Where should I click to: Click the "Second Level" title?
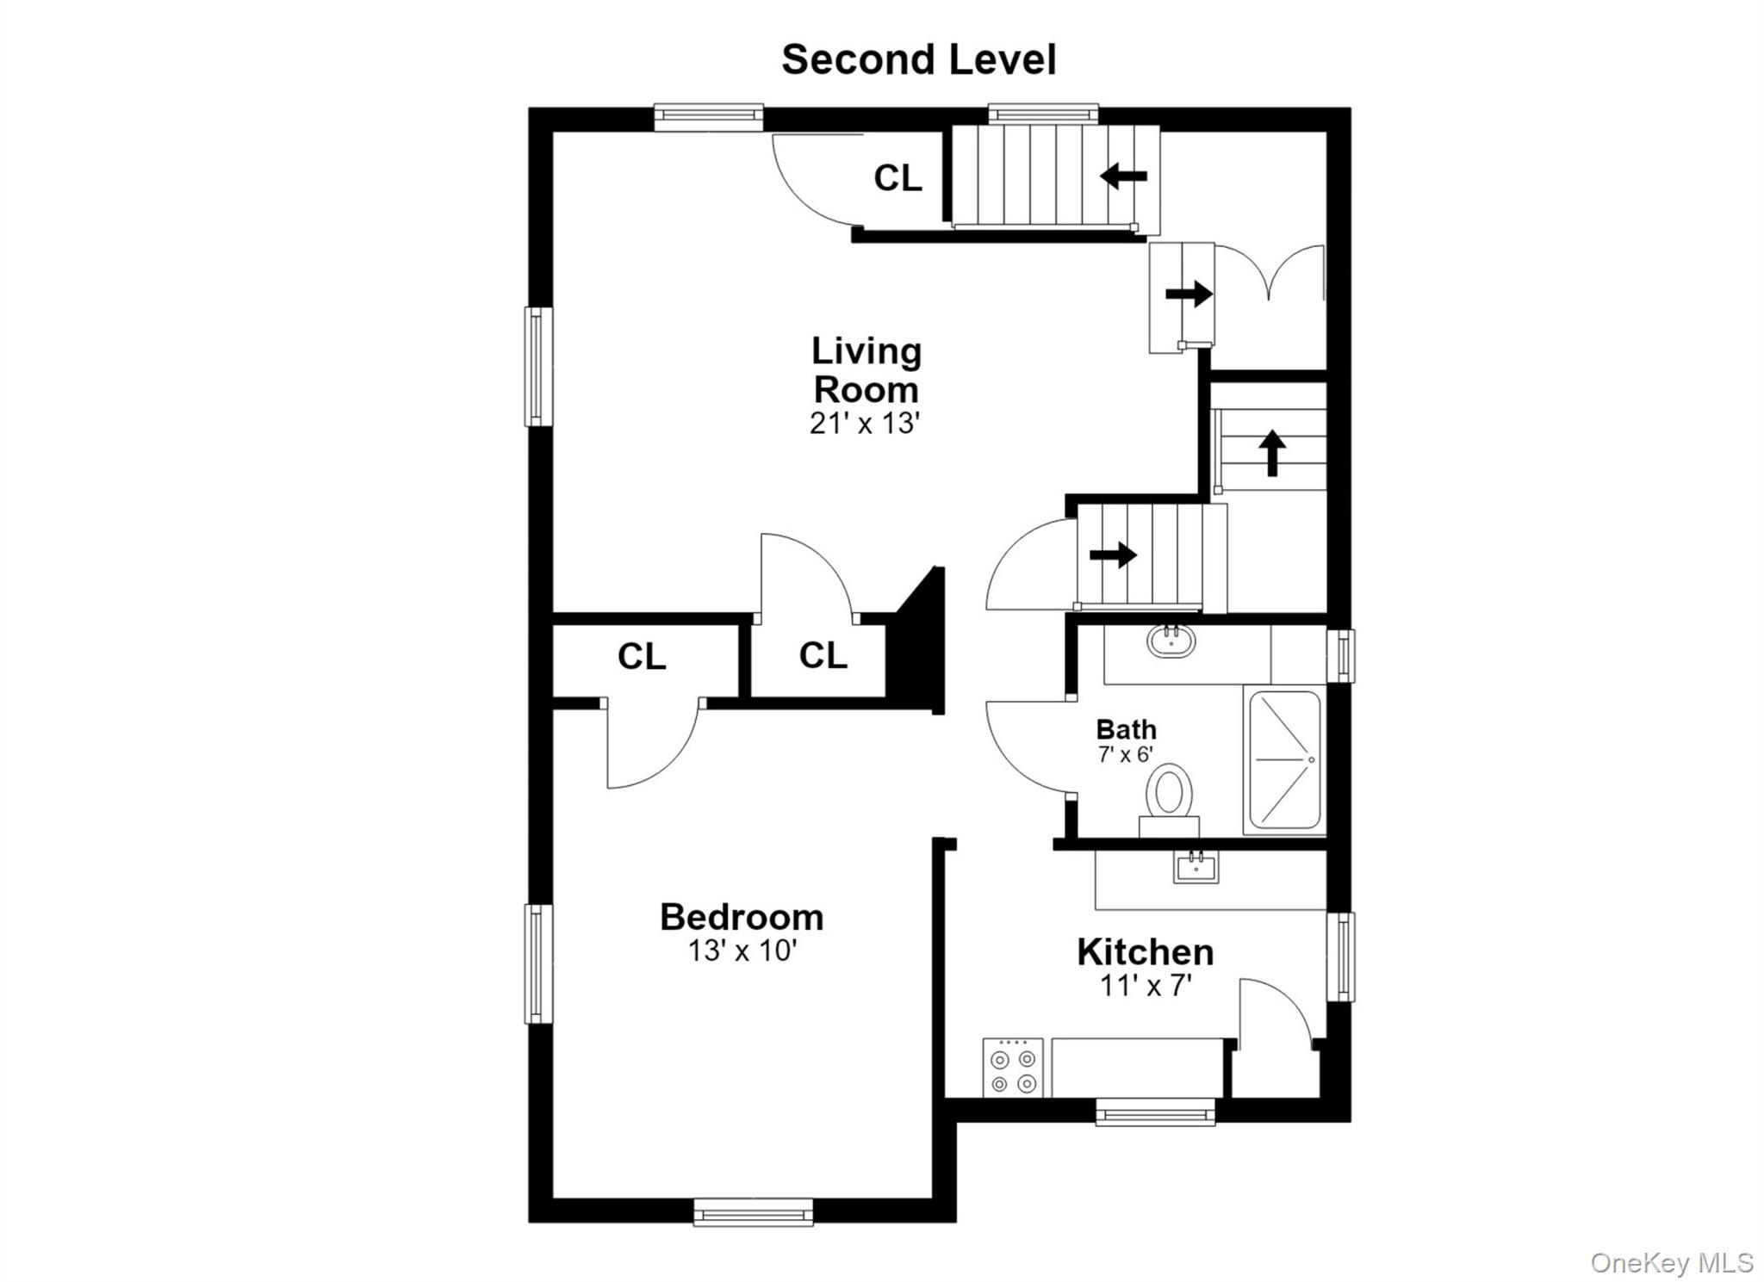click(918, 59)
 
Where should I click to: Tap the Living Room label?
click(866, 370)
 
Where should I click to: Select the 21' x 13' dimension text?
click(866, 424)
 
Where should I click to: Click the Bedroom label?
click(742, 917)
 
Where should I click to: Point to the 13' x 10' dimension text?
click(742, 951)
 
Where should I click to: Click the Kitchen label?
click(1146, 952)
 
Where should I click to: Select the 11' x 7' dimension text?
click(1146, 985)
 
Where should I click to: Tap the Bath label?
click(1126, 729)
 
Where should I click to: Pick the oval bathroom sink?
click(1171, 641)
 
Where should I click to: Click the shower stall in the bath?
click(1284, 760)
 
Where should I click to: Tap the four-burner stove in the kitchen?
click(1013, 1068)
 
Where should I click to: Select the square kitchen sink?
click(1196, 867)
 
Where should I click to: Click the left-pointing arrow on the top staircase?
click(1124, 177)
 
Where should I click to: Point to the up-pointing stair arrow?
click(1272, 453)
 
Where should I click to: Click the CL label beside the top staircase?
click(898, 178)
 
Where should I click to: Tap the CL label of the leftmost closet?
click(642, 657)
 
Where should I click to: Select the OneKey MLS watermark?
click(1672, 1263)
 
